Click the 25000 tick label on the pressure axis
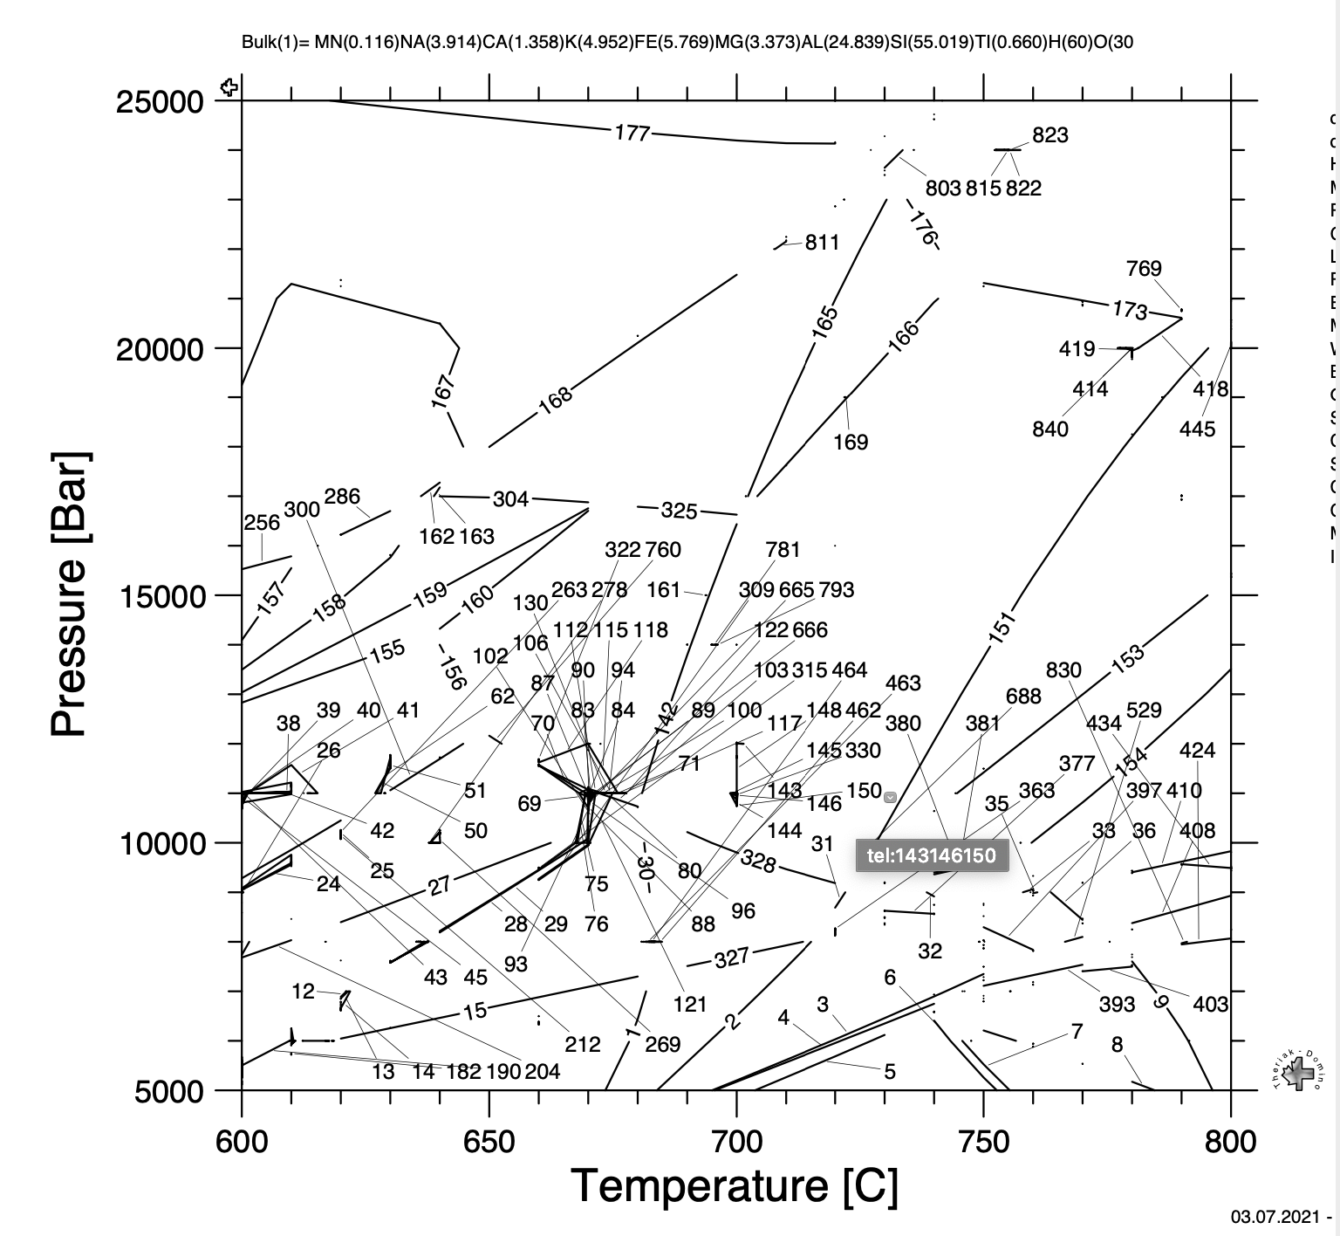tap(160, 102)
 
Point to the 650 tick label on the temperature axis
tap(489, 1141)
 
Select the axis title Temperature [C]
tap(735, 1185)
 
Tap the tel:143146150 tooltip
tap(932, 855)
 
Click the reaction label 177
tap(632, 133)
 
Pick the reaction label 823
tap(1049, 135)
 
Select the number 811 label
tap(822, 242)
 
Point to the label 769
tap(1143, 268)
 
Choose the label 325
tap(679, 511)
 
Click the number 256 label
tap(262, 522)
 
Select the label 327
tap(731, 958)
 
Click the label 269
tap(662, 1044)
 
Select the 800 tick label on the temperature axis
tap(1230, 1141)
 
